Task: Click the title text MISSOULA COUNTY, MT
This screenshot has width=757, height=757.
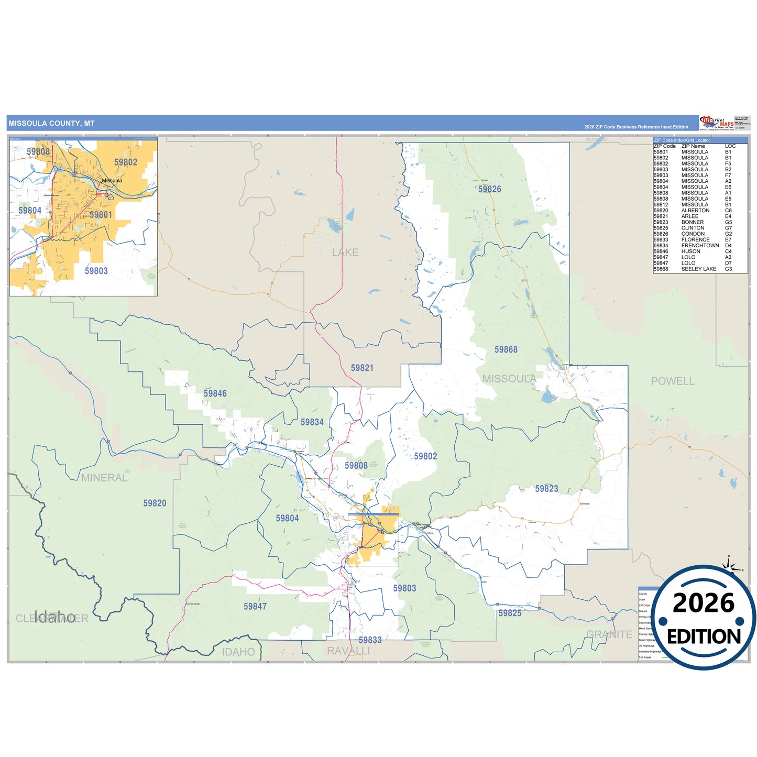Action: coord(51,124)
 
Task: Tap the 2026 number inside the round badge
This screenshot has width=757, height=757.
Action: coord(704,604)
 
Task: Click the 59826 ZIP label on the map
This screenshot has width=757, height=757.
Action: coord(489,189)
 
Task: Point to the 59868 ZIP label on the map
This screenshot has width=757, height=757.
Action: coord(506,349)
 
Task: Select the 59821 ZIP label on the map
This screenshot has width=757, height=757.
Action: coord(362,368)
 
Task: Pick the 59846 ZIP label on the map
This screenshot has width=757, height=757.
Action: coord(215,393)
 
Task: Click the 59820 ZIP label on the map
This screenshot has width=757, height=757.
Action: coord(155,503)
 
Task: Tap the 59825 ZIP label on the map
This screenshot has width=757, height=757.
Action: coord(510,613)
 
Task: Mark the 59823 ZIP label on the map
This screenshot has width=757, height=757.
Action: coord(546,489)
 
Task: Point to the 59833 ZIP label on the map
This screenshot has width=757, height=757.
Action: coord(370,640)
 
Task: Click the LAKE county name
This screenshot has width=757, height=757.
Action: coord(345,253)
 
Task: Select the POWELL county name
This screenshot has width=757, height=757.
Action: coord(673,381)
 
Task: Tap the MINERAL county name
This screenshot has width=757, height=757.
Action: coord(104,478)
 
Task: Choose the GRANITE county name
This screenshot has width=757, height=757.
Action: coord(609,634)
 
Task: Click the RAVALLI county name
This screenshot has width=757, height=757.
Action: coord(348,651)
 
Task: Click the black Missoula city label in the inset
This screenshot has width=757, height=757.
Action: coord(112,181)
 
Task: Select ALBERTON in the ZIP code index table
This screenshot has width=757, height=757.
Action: coord(695,211)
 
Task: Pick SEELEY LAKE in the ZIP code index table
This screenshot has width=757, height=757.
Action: coord(698,269)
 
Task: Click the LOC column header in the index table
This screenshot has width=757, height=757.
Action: coord(730,146)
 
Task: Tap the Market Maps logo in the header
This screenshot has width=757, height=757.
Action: coord(717,123)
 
